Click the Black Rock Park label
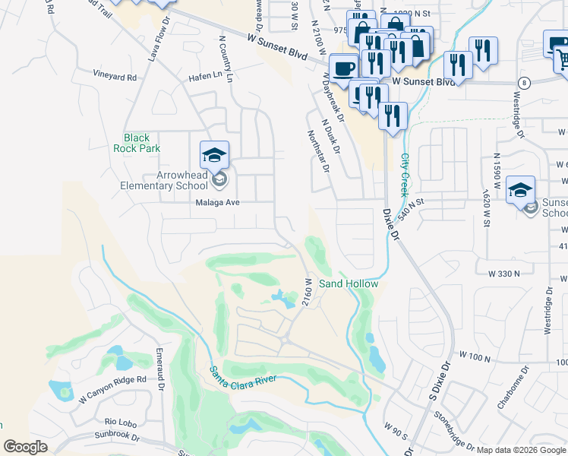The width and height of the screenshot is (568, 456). pyautogui.click(x=142, y=143)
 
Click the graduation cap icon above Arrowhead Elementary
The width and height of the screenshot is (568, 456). pyautogui.click(x=215, y=156)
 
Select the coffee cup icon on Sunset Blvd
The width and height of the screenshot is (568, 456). pyautogui.click(x=344, y=67)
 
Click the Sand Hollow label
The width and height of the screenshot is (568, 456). pyautogui.click(x=348, y=283)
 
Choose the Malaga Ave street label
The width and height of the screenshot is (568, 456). pyautogui.click(x=217, y=203)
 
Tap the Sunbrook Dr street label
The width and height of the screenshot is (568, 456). pyautogui.click(x=118, y=437)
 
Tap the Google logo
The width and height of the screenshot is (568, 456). pyautogui.click(x=26, y=447)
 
